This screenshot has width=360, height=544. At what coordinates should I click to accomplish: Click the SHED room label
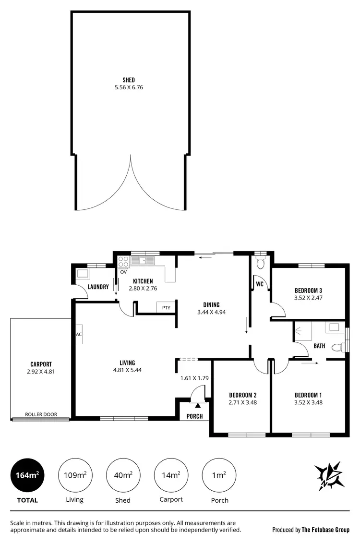coord(128,80)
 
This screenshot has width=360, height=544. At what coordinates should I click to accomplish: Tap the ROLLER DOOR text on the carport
coord(41,414)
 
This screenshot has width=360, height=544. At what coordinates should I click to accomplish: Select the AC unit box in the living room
coord(79,335)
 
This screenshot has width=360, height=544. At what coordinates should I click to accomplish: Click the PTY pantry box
coord(166,308)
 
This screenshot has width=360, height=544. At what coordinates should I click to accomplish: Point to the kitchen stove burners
coord(123,261)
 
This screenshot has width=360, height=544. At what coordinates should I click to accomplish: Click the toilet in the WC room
coord(261,263)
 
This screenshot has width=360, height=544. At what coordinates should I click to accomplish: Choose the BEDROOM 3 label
coord(308,290)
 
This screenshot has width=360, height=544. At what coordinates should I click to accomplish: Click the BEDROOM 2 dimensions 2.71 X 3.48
coord(242,402)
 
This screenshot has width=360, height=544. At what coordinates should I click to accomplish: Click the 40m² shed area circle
coord(123,475)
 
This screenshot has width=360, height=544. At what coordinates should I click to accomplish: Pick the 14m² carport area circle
coord(171,475)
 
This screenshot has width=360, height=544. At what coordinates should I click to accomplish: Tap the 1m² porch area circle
coord(219,475)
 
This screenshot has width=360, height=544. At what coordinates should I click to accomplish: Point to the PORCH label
coord(194,416)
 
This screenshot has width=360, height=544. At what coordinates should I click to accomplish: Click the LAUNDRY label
coord(98,287)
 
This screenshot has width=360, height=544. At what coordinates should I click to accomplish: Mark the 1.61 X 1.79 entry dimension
coord(194,378)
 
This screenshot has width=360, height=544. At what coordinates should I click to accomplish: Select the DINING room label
coord(211,304)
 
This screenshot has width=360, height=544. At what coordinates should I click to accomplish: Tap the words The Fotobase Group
coord(325,530)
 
